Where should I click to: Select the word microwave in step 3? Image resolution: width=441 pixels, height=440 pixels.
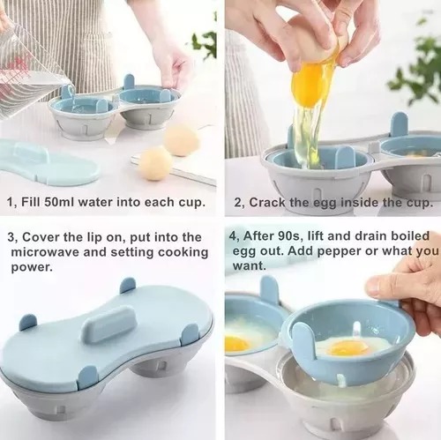(45, 252)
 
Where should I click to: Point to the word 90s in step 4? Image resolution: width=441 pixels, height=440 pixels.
(288, 235)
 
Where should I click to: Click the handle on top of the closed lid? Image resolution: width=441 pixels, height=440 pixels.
(109, 323)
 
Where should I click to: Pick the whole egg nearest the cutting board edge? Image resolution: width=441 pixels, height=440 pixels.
(155, 163)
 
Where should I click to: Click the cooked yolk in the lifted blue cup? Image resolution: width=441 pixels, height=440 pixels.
(348, 348)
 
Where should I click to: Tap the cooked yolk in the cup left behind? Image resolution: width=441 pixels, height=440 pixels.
(235, 343)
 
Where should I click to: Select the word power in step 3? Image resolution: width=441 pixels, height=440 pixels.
(32, 268)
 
